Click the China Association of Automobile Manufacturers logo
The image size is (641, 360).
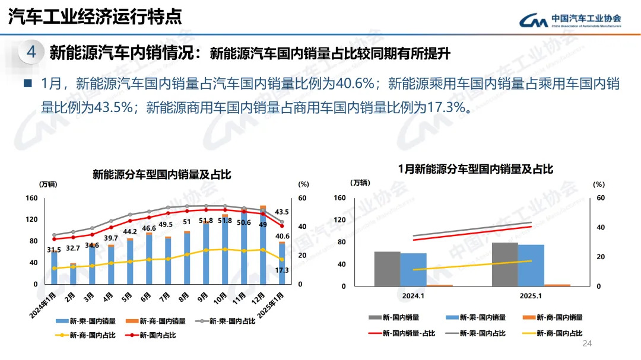coord(570,20)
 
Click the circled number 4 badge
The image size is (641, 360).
coord(31,53)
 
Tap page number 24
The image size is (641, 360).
coord(588,344)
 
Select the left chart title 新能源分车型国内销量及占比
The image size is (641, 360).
coord(161,174)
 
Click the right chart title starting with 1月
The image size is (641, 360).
coord(475,170)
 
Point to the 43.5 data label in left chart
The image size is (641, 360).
coord(282,212)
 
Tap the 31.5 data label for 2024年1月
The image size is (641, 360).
coord(54,250)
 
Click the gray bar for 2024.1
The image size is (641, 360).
coord(387,269)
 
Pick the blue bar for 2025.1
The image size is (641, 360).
coord(531,265)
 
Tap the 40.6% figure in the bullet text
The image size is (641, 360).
coord(355,84)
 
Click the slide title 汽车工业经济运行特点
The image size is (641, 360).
coord(95,17)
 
